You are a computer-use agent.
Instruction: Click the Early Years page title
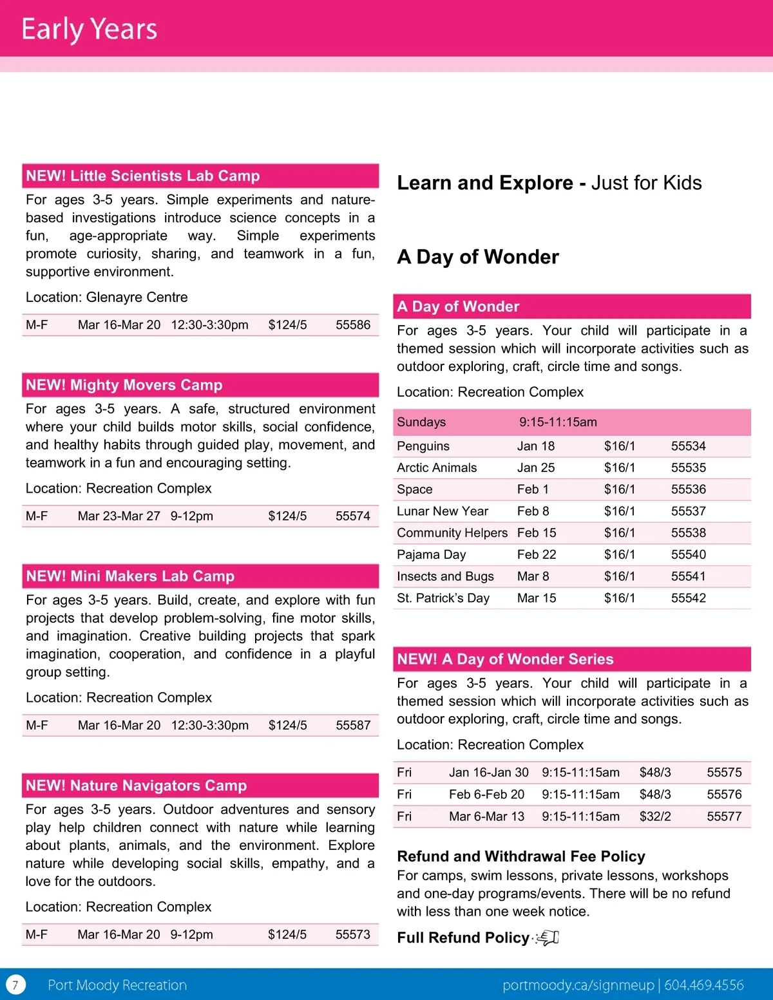89,29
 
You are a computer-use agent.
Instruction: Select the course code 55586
353,325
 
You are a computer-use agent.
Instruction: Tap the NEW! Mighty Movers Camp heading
124,385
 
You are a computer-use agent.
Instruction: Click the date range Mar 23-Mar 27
119,516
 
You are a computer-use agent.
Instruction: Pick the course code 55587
353,725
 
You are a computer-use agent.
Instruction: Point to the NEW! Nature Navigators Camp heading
136,786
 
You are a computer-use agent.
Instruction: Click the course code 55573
353,934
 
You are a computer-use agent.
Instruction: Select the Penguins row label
423,446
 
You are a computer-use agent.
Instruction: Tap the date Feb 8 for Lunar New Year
533,511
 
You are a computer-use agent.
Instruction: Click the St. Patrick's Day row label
443,598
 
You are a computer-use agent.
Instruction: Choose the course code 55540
688,554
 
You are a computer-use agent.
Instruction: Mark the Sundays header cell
421,422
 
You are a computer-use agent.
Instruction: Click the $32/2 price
655,816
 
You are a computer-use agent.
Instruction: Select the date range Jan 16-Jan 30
488,773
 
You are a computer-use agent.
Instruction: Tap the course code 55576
724,795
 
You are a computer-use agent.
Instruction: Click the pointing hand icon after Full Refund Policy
548,938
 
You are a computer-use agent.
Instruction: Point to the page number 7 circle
15,985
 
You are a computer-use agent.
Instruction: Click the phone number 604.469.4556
703,985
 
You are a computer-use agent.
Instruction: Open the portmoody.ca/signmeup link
578,985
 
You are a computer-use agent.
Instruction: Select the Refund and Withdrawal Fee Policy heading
520,856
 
